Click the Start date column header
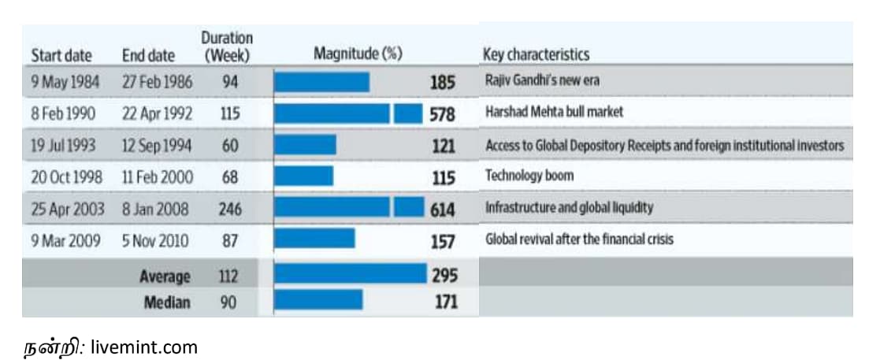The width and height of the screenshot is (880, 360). (61, 56)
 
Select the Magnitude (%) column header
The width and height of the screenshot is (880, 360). (358, 54)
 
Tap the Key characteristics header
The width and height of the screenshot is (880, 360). (535, 54)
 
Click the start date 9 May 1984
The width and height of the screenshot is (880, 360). (61, 82)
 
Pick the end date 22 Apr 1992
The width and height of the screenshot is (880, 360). (157, 113)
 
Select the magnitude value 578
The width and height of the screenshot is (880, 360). (442, 114)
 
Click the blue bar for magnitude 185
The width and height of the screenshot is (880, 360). (321, 82)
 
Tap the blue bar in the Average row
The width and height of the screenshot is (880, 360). (350, 273)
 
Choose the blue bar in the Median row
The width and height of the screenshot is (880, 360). (318, 300)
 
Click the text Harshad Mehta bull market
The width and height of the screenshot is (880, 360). (554, 112)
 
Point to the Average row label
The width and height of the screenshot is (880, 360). (165, 276)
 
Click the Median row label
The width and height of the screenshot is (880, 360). (167, 302)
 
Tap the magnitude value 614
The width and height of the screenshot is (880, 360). (442, 209)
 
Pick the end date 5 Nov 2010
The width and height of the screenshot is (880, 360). (155, 240)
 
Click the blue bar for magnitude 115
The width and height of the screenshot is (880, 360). (303, 176)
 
